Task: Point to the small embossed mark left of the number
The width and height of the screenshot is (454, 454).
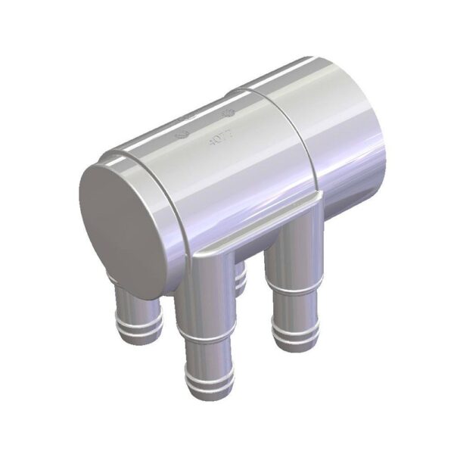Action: [x=182, y=137]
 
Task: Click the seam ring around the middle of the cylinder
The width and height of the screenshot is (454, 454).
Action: [x=291, y=151]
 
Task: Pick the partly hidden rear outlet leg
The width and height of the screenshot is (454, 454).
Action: [x=241, y=280]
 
